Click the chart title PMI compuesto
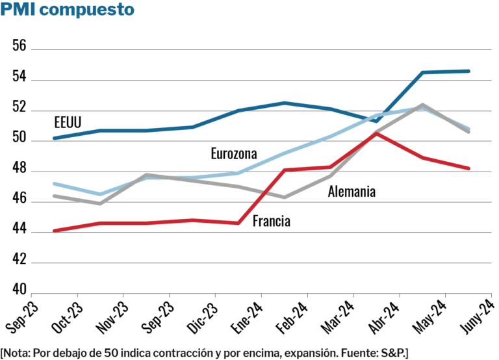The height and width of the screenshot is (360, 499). (x=68, y=10)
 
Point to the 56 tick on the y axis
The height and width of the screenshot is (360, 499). (x=19, y=47)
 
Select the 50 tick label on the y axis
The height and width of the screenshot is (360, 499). (x=19, y=138)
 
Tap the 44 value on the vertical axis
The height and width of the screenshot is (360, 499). (x=19, y=229)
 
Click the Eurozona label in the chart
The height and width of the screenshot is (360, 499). (x=234, y=154)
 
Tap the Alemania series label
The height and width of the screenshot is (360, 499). (x=352, y=192)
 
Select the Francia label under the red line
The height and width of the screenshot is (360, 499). (x=271, y=222)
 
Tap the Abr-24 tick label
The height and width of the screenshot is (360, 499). (x=389, y=318)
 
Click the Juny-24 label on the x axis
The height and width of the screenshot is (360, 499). (x=480, y=318)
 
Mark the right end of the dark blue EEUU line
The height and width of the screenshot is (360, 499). (x=469, y=71)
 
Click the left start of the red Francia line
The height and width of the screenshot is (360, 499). (x=55, y=231)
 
